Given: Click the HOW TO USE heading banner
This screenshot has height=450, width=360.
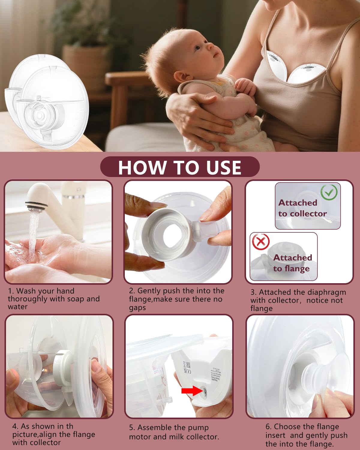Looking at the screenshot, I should pyautogui.click(x=180, y=167).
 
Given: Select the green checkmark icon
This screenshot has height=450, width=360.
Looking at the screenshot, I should pyautogui.click(x=329, y=192).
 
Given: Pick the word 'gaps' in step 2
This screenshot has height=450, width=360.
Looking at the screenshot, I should pyautogui.click(x=137, y=307).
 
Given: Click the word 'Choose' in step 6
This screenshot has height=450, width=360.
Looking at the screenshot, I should pyautogui.click(x=288, y=427).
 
